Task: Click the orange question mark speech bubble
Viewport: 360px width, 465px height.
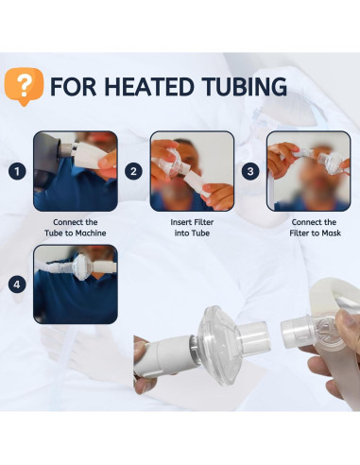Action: (x=24, y=87)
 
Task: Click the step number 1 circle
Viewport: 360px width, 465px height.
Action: (x=16, y=172)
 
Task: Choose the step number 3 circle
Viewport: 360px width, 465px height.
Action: (x=250, y=172)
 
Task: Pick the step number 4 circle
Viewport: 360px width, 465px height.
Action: (x=16, y=284)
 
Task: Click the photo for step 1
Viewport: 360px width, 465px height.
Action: (x=76, y=171)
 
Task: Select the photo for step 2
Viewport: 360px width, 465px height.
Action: (x=193, y=171)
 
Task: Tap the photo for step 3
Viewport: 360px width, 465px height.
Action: (x=308, y=171)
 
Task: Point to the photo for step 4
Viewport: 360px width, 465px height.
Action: (x=76, y=284)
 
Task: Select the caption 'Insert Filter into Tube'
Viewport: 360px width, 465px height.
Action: (x=192, y=227)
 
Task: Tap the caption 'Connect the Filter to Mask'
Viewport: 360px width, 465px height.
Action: (x=308, y=227)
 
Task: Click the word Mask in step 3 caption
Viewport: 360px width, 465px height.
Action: (x=329, y=233)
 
